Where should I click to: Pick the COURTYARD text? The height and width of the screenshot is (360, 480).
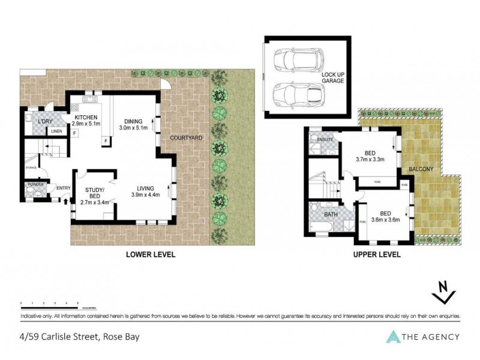[x=186, y=137]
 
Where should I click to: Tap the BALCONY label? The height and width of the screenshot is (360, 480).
[x=421, y=170]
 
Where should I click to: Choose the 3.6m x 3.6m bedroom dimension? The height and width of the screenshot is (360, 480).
[x=383, y=220]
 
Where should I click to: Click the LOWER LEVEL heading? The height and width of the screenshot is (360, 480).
[x=150, y=254]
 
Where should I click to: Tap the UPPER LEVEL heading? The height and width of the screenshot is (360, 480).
[x=376, y=254]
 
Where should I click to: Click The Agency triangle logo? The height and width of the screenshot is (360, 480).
[x=393, y=337]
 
